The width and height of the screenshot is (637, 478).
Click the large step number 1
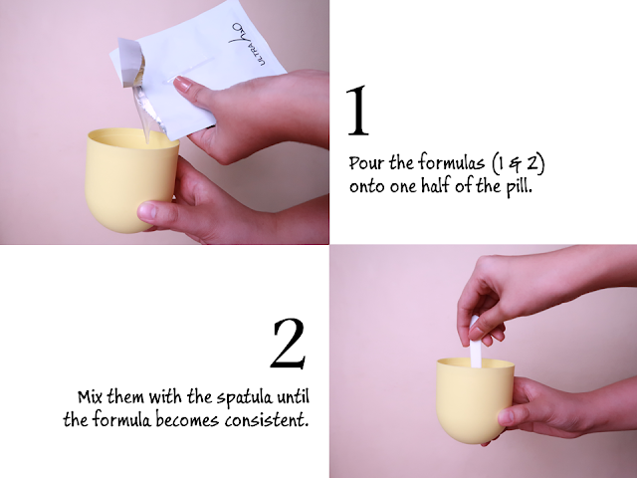(x=357, y=111)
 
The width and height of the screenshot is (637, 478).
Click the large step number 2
(x=289, y=344)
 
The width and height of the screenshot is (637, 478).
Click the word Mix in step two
(x=91, y=396)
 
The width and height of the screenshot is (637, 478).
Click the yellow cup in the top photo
(x=130, y=180)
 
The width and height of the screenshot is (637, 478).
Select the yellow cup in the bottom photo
(x=476, y=400)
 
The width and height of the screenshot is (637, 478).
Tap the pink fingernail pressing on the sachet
(x=182, y=84)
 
